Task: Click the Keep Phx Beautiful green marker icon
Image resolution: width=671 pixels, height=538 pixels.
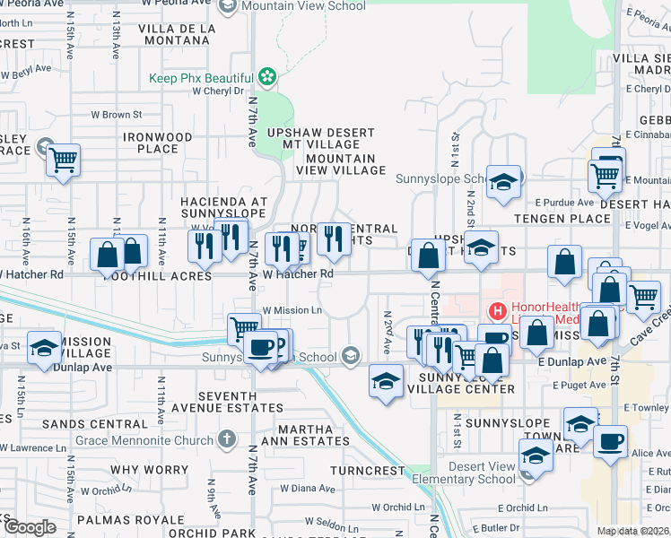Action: coord(266,75)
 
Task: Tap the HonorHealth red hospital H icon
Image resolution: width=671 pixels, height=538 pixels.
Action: coord(494,311)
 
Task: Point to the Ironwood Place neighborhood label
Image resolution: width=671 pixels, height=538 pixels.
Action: coord(158,143)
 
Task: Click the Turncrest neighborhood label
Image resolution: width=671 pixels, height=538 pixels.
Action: coord(368,470)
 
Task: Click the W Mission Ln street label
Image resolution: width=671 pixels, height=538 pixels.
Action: coord(292,310)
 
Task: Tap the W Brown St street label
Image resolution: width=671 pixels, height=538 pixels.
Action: coord(117,115)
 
